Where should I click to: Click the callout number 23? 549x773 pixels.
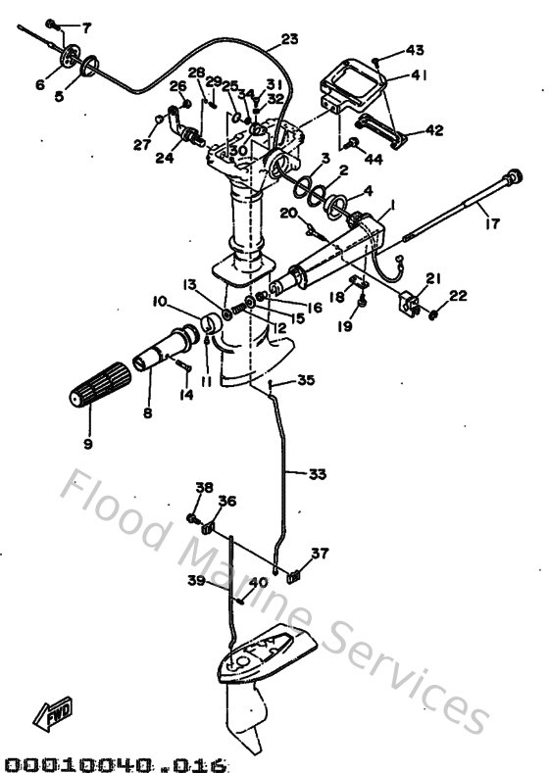(289, 39)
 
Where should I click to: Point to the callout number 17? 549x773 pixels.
(491, 223)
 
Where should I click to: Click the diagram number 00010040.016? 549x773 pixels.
(116, 760)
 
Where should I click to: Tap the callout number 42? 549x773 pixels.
(434, 128)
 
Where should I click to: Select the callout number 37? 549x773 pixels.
(320, 554)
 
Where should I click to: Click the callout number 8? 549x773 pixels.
(148, 413)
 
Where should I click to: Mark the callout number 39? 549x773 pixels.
(195, 580)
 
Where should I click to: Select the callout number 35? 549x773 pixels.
(306, 380)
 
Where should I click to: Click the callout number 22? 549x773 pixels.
(458, 295)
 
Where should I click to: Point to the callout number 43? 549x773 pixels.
(415, 50)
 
